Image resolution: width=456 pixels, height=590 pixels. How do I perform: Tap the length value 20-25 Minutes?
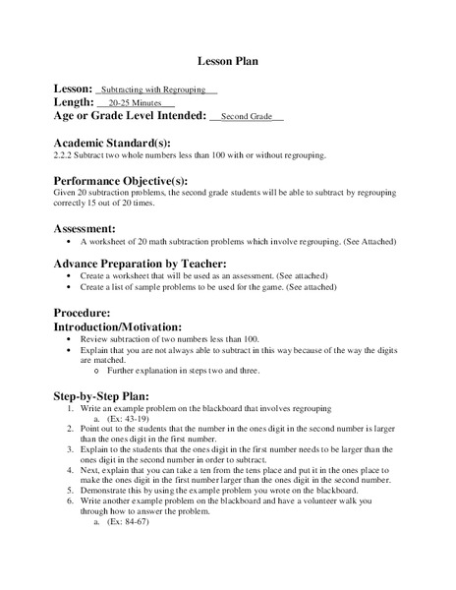[136, 102]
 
